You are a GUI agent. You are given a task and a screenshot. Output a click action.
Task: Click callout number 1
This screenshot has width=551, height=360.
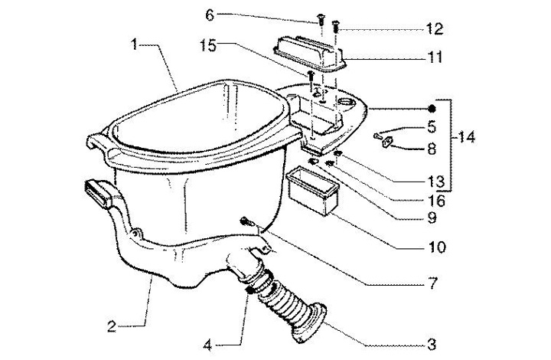pos(135,46)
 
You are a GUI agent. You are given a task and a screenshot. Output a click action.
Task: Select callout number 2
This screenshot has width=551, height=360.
pos(112,327)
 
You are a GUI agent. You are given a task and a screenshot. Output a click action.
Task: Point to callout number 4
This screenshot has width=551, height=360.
pos(208,344)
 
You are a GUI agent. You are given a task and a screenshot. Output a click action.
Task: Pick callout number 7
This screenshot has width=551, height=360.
pos(432,284)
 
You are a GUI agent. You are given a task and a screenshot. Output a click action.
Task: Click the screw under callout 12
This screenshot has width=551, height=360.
pos(335,31)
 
